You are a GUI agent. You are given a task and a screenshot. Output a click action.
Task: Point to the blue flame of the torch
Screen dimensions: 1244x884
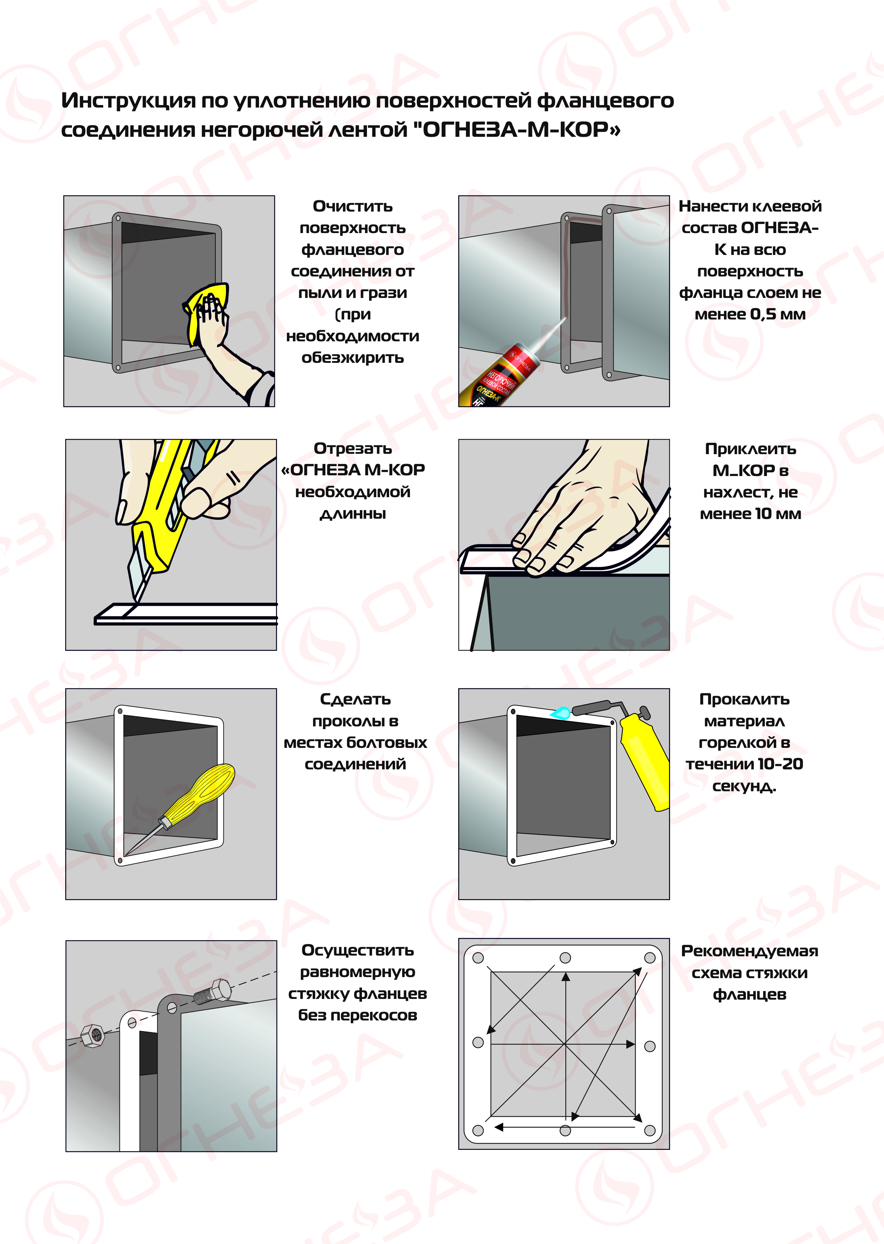pos(561,712)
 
